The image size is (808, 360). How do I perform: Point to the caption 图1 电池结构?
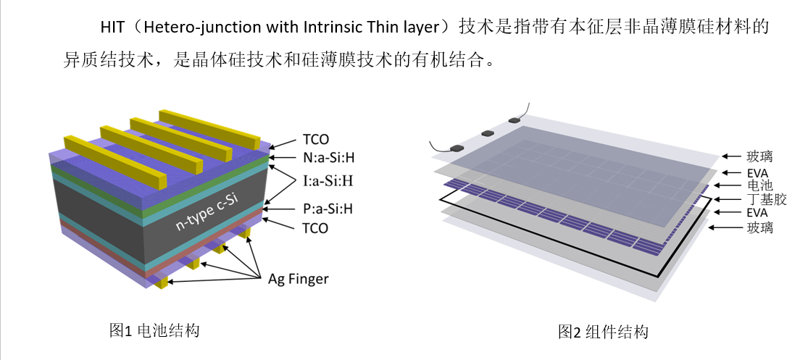154,331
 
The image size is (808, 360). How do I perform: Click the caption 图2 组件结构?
603,332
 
